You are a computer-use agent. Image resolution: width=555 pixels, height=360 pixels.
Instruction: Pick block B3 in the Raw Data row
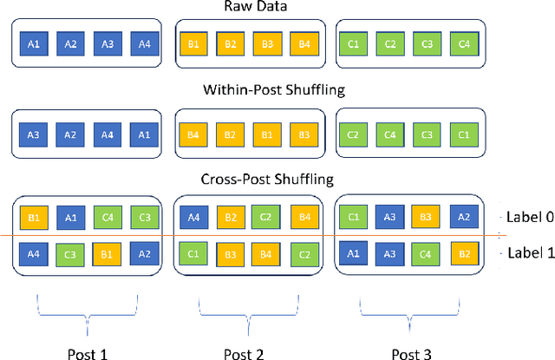coord(268,43)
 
